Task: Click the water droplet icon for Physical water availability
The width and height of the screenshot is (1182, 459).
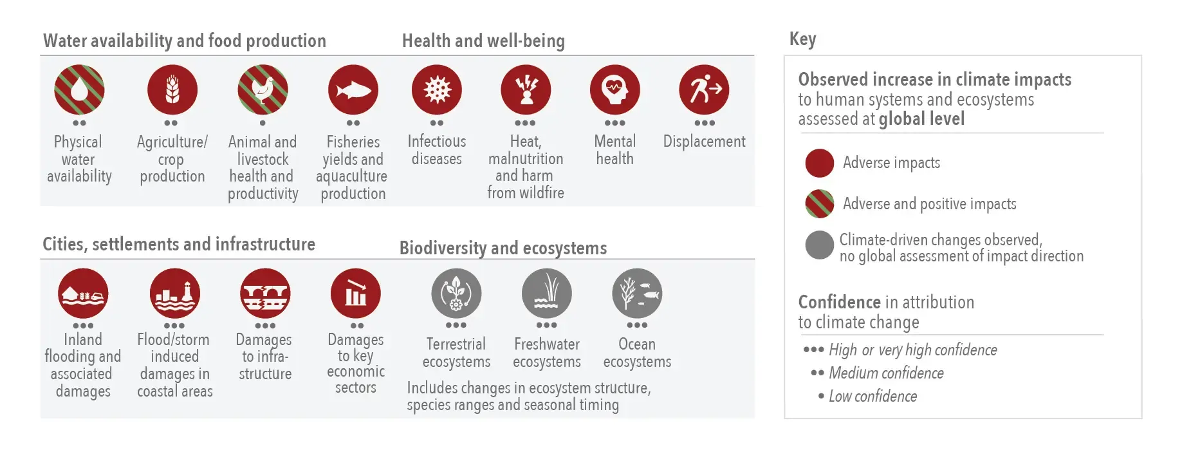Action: pos(79,89)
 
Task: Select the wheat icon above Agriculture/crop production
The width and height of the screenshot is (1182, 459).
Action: pos(172,89)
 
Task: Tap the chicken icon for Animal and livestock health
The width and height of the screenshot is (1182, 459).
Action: pos(263,89)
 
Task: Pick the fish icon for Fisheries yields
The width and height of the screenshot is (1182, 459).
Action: pos(353,89)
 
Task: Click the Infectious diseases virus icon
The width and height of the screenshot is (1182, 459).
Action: pos(437,89)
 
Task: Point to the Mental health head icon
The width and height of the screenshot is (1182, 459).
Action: pos(615,89)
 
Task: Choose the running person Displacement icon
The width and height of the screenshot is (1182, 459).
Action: pos(705,89)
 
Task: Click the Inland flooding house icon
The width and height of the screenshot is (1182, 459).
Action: pos(83,294)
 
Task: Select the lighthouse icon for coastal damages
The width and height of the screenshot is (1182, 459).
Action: pos(175,294)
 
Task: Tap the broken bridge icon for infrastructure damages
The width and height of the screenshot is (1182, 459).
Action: pos(265,294)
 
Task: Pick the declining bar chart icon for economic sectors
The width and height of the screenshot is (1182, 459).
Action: pos(356,294)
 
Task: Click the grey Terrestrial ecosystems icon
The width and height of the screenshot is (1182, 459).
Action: pos(456,294)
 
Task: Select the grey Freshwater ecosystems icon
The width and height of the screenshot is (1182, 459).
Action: pos(547,294)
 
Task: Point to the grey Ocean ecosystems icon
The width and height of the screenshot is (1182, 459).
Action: pos(637,294)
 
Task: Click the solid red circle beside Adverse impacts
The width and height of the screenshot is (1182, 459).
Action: pos(820,163)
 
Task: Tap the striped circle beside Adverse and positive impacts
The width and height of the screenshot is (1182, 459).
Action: pos(820,204)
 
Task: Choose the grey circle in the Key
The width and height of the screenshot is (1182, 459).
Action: pos(820,245)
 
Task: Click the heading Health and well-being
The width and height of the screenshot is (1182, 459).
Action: pos(483,41)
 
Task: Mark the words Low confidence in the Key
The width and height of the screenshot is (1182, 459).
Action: pos(873,396)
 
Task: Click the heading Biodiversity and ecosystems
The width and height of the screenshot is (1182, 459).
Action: pos(503,248)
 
